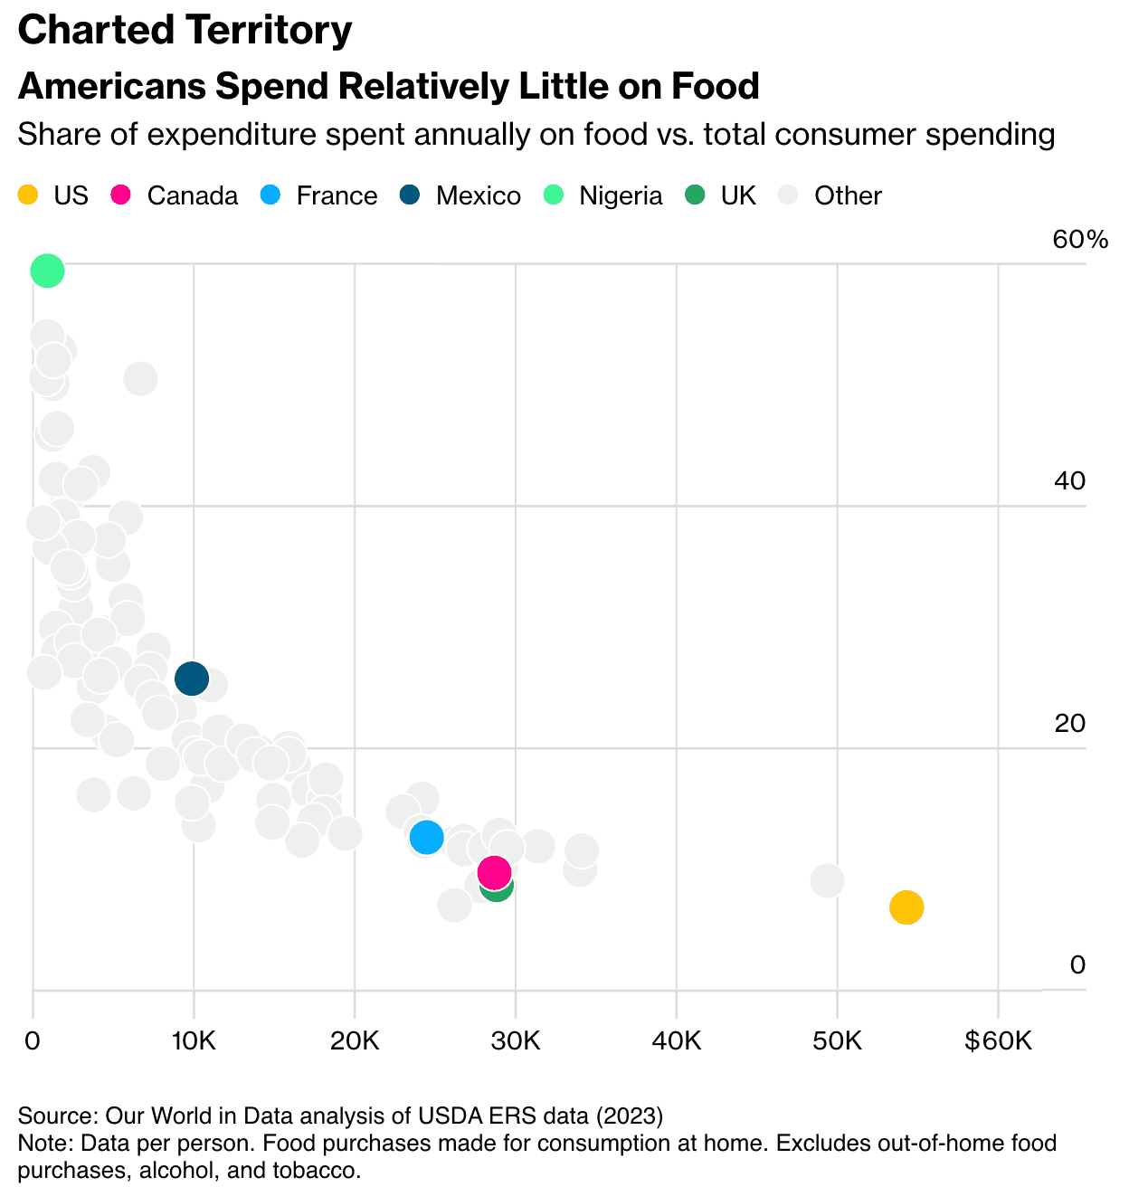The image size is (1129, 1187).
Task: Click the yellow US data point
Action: [x=906, y=907]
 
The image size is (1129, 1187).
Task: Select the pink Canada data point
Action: [x=494, y=872]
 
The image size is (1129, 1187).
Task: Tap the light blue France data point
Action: [x=426, y=837]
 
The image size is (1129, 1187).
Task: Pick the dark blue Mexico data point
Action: [x=192, y=677]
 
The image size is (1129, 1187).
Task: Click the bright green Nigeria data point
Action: [x=47, y=270]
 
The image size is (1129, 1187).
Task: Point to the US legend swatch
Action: [x=28, y=195]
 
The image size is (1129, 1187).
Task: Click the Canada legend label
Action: [x=192, y=195]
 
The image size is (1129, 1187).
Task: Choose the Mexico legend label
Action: [x=478, y=195]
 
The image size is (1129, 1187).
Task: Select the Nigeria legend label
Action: [x=621, y=195]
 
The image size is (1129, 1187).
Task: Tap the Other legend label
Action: [x=848, y=195]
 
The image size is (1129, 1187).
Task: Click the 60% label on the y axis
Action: [x=1080, y=240]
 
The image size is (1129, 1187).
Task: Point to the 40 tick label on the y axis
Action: [x=1069, y=480]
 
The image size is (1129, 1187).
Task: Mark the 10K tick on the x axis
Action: [x=194, y=1040]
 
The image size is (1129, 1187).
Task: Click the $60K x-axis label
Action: [x=998, y=1040]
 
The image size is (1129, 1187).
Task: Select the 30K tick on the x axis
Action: [x=516, y=1040]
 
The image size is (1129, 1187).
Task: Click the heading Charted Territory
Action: [x=185, y=30]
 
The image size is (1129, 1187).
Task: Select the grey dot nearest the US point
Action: [x=827, y=879]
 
